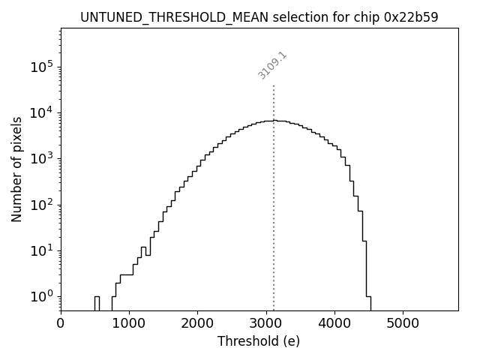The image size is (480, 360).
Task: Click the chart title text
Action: [x=259, y=16]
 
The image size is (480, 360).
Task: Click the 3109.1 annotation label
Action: [x=273, y=65]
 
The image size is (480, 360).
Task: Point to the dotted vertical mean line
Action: [x=274, y=195]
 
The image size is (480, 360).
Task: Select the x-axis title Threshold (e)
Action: [x=259, y=341]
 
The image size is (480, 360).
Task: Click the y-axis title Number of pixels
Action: [x=16, y=169]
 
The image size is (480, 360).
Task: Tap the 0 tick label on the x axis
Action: [x=61, y=322]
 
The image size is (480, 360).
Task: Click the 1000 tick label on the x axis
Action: [x=129, y=322]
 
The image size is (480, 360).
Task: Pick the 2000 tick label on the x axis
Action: [x=197, y=322]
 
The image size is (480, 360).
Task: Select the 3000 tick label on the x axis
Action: [x=266, y=322]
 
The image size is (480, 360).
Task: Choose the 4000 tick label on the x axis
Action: [x=334, y=322]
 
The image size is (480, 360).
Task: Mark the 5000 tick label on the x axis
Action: [x=403, y=322]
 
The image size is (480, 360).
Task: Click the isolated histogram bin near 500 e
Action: [x=97, y=303]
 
